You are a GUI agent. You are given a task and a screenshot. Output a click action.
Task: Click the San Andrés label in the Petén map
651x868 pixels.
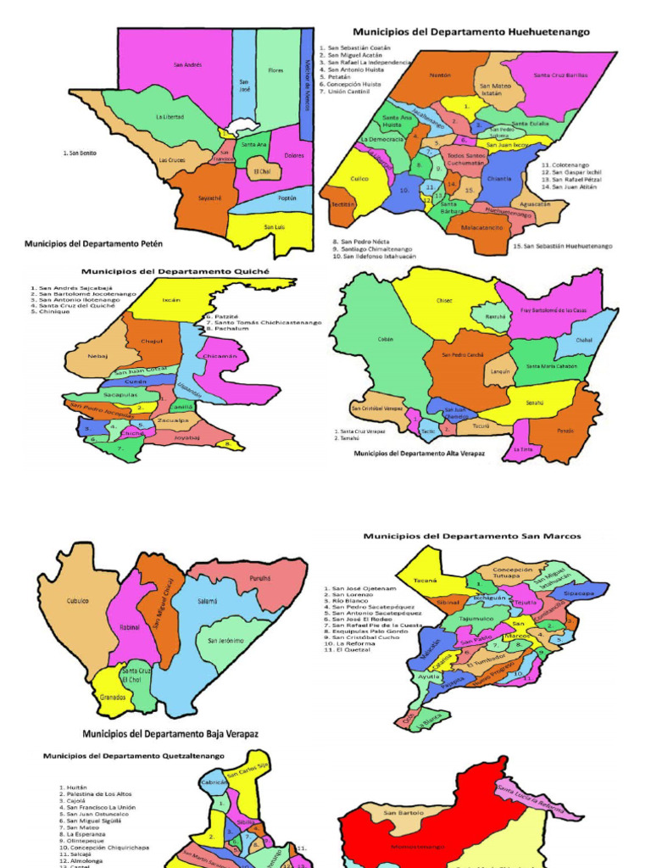point(187,65)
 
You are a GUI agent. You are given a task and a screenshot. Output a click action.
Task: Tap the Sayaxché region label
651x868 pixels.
point(209,198)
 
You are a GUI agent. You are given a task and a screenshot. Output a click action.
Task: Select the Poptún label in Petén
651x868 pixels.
point(287,198)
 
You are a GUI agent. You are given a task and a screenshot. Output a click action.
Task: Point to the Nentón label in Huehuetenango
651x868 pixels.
point(440,75)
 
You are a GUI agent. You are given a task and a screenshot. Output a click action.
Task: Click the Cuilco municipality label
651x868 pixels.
point(359,179)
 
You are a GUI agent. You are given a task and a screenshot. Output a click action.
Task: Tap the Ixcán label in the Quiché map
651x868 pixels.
point(171,300)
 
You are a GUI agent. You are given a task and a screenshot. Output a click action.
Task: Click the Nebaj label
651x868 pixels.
point(97,356)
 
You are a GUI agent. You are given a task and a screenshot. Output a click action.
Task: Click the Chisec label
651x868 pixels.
point(445,300)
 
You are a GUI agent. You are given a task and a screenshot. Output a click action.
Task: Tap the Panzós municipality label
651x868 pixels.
point(565,431)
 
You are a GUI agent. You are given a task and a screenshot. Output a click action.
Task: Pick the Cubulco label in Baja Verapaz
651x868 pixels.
point(78,601)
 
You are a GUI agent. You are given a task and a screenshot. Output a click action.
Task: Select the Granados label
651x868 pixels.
point(113,698)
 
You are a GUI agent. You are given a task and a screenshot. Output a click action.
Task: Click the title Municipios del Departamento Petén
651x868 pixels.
point(93,244)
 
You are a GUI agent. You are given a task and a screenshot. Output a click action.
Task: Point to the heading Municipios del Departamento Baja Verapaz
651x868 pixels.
point(170,733)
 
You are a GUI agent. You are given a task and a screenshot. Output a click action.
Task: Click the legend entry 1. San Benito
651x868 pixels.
point(84,153)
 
